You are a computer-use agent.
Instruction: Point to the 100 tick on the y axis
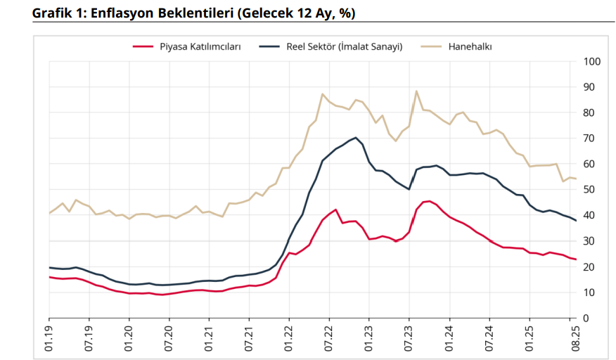click(591, 62)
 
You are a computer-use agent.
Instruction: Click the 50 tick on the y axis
click(589, 190)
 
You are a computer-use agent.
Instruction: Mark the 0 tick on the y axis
click(586, 318)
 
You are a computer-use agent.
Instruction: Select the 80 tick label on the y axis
click(589, 112)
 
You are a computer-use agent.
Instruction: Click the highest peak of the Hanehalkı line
click(416, 91)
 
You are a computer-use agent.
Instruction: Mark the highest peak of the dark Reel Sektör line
click(356, 138)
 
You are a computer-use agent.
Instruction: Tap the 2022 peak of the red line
click(336, 210)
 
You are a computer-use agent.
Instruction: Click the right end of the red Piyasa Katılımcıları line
click(576, 259)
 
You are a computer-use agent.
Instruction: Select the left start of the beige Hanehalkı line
click(49, 213)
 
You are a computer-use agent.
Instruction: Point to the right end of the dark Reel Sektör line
click(576, 221)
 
